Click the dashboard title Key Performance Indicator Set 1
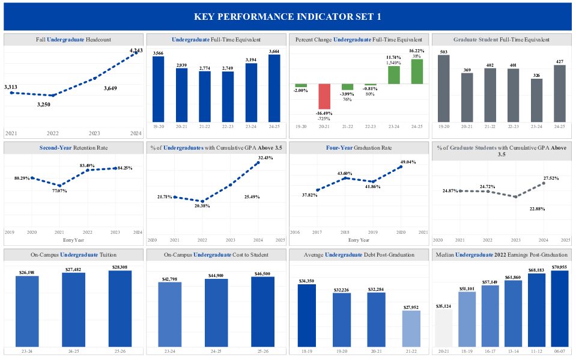tap(288, 16)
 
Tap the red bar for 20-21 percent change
tap(325, 96)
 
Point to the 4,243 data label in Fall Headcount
tap(136, 50)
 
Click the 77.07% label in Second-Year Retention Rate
tap(59, 191)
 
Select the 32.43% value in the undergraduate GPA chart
tap(265, 157)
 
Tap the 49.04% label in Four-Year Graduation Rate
tap(408, 162)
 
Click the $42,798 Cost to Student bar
tap(170, 314)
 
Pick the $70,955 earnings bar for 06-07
tap(559, 308)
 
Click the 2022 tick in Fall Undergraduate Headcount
tap(53, 133)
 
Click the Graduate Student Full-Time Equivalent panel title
tap(502, 40)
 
